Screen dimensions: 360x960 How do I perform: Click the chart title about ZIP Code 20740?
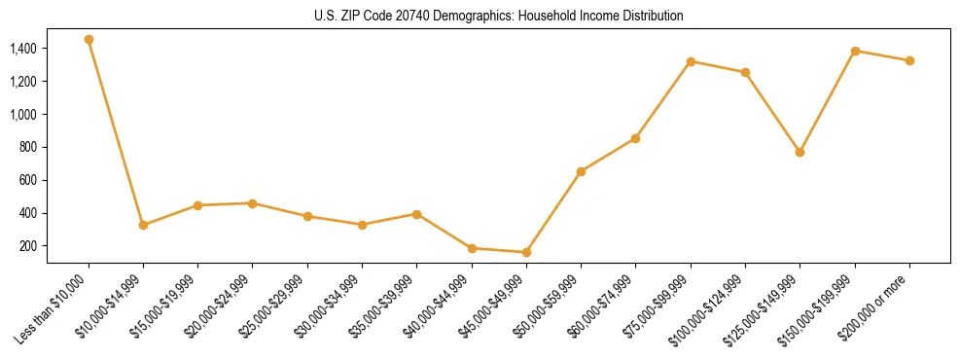click(499, 16)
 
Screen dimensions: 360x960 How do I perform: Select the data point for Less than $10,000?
click(89, 40)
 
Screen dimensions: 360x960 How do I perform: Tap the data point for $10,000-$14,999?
click(143, 225)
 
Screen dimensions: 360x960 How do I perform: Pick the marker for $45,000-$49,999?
click(526, 252)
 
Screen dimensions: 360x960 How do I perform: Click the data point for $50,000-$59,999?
click(581, 171)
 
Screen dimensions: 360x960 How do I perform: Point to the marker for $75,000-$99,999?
click(691, 61)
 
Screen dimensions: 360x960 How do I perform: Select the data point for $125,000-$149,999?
click(800, 152)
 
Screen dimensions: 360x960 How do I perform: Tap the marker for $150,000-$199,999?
click(855, 51)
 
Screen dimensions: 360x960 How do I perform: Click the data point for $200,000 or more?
click(909, 60)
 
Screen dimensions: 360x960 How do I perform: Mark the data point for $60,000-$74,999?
click(635, 138)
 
